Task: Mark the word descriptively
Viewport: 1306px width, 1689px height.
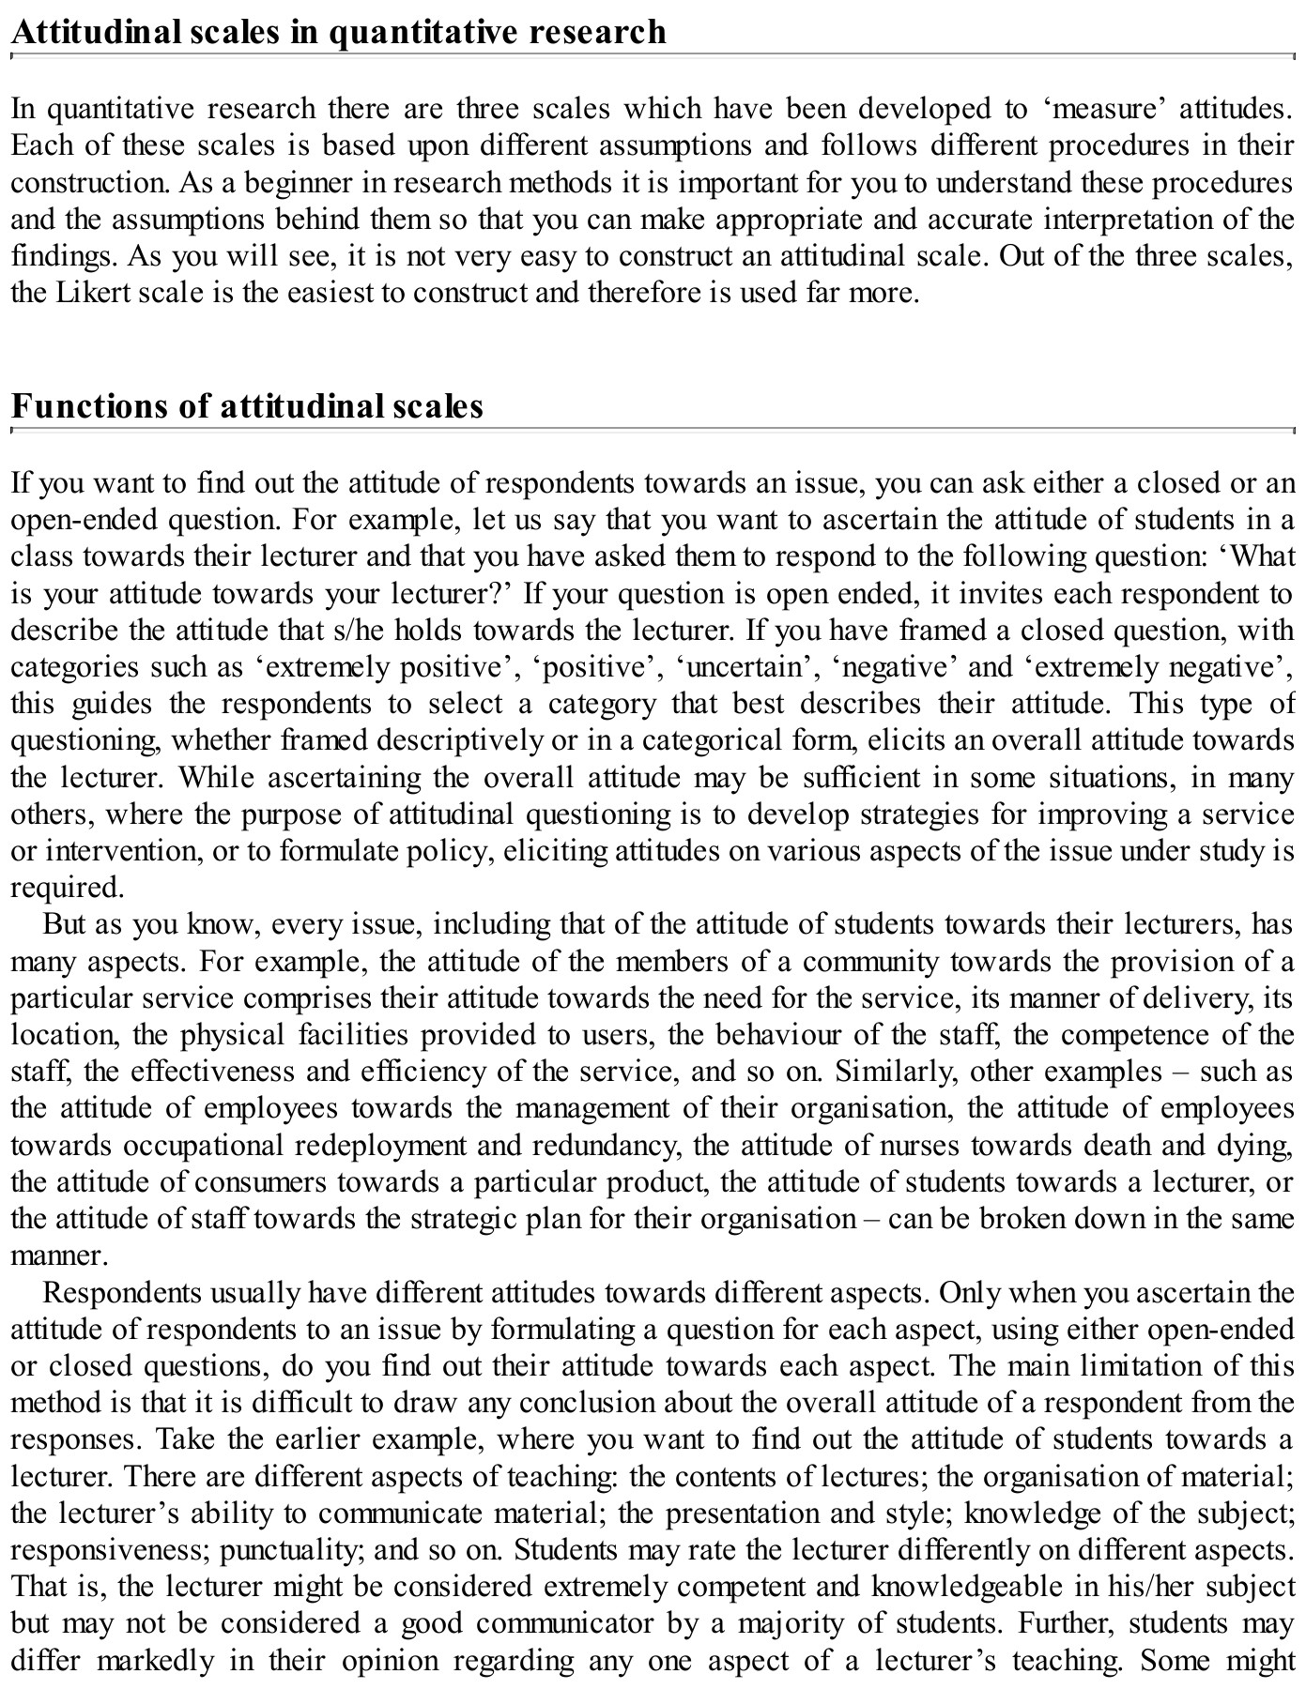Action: [x=463, y=740]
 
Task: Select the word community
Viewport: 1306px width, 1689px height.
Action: [x=869, y=962]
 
